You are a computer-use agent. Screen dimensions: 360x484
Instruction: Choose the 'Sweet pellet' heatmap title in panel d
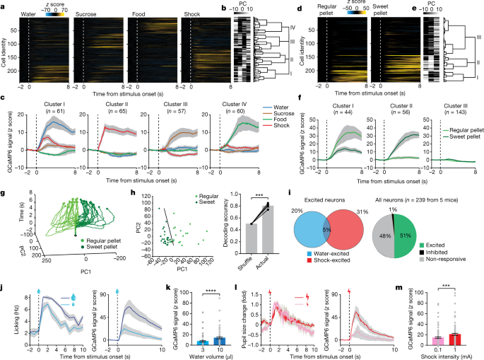[383, 12]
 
